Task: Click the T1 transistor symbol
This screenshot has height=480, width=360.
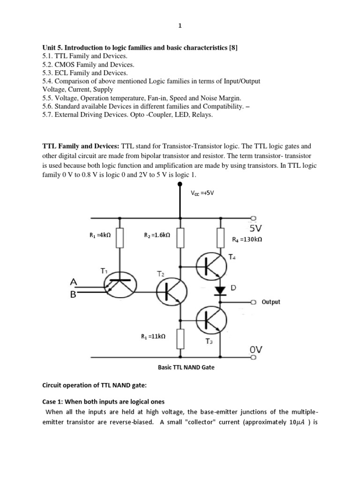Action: point(120,286)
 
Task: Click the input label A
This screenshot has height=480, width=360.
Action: point(73,282)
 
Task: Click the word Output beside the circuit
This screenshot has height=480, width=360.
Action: point(271,302)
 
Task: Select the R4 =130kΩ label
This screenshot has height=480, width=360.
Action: point(247,240)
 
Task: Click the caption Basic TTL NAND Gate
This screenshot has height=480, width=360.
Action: point(186,367)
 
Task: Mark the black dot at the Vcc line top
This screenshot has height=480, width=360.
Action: point(180,184)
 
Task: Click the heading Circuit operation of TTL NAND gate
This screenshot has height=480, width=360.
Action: point(95,386)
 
